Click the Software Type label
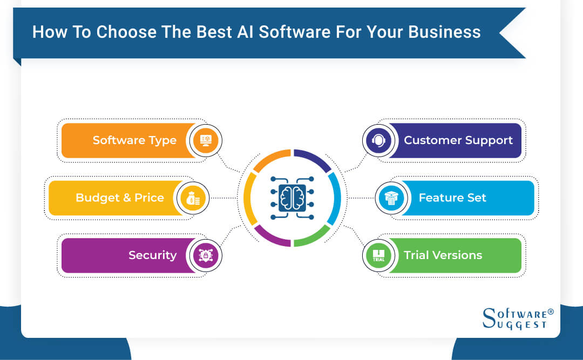point(134,140)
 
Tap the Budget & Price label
point(119,198)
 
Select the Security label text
point(152,255)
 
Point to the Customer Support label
point(458,140)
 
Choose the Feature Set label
point(452,198)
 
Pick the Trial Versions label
point(443,255)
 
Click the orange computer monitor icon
point(206,140)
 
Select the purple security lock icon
point(206,255)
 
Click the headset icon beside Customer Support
point(378,140)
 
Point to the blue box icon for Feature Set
point(391,198)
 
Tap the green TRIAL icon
point(378,255)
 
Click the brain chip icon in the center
point(292,198)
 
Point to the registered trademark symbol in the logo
point(551,312)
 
